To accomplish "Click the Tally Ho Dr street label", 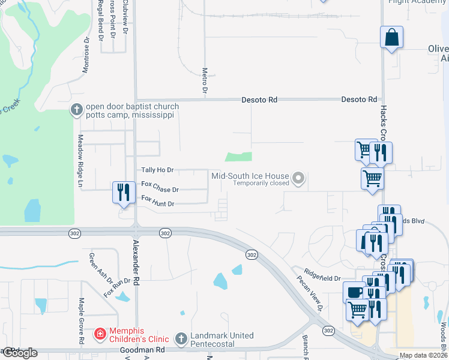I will point(157,170).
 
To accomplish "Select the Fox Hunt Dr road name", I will point(157,202).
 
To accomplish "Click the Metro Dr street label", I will point(205,79).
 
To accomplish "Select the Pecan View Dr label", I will point(309,293).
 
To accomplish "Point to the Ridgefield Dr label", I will point(322,277).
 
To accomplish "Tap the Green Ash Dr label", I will point(100,269).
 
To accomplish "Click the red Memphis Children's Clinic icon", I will point(100,333).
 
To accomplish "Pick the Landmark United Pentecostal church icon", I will point(181,339).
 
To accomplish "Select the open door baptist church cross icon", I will point(76,109).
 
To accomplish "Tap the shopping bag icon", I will point(391,37).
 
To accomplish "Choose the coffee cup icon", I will point(354,292).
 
